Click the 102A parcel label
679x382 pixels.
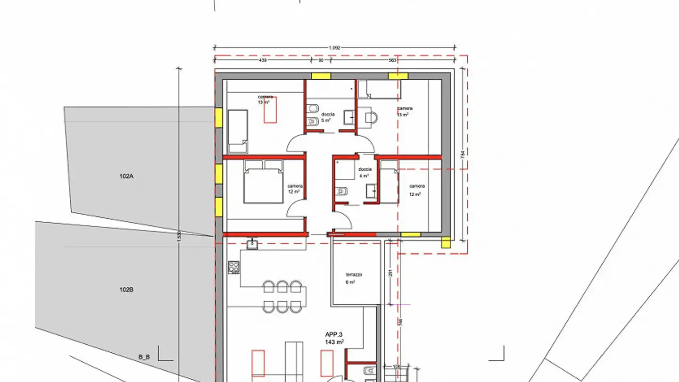[126, 176]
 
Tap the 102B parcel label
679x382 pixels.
[126, 290]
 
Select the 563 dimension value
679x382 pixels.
[392, 60]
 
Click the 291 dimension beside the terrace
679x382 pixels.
[391, 273]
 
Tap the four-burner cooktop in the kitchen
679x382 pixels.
[233, 267]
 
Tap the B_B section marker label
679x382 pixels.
[144, 357]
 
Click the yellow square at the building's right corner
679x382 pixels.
[446, 242]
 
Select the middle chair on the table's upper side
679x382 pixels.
[282, 286]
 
